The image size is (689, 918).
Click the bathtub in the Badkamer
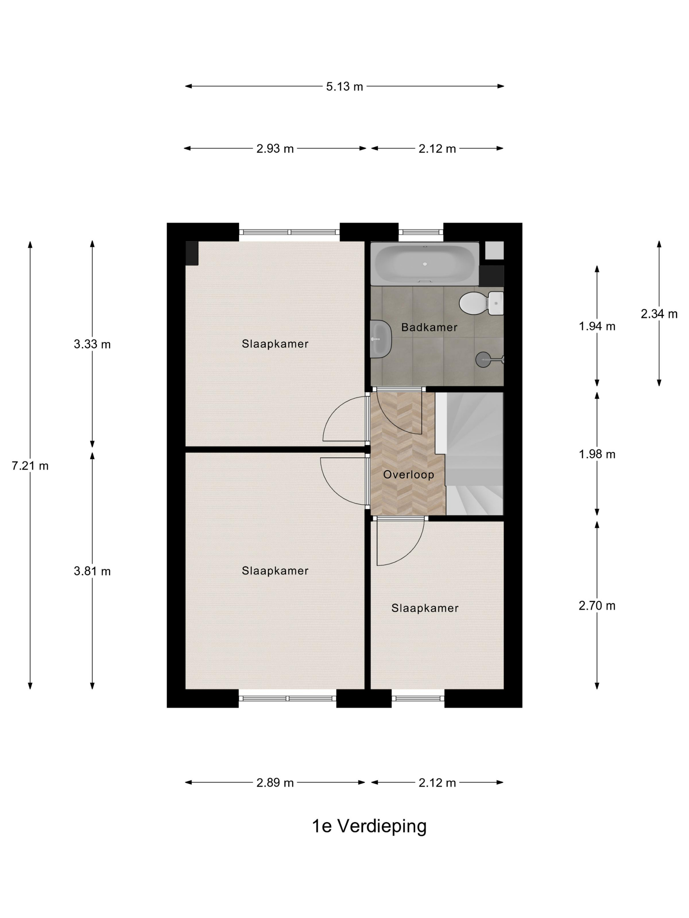(x=425, y=264)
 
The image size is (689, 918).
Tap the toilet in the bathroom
(x=481, y=303)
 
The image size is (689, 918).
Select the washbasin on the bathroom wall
(x=380, y=339)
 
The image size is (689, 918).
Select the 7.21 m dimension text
(x=30, y=466)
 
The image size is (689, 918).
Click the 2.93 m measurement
(x=275, y=149)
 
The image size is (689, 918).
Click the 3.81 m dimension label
(x=92, y=571)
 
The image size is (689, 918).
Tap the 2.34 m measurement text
(x=659, y=314)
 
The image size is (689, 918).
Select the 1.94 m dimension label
(x=597, y=327)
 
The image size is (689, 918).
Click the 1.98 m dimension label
(x=597, y=454)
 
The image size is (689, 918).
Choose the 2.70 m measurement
(x=597, y=606)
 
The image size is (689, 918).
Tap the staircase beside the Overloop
(x=469, y=454)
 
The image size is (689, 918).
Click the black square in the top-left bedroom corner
(x=192, y=253)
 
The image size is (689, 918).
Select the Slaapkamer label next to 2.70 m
(x=425, y=609)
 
